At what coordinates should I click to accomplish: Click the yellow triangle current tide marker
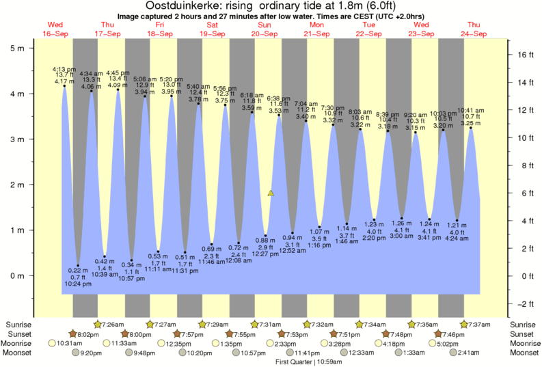point(271,193)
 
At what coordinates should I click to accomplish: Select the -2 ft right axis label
point(523,303)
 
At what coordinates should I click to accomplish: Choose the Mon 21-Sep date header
point(317,30)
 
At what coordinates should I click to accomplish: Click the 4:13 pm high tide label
point(64,69)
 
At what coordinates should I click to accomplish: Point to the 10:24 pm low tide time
point(77,283)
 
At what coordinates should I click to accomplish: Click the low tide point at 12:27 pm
point(266,236)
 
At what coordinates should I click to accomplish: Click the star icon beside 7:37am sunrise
point(465,324)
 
